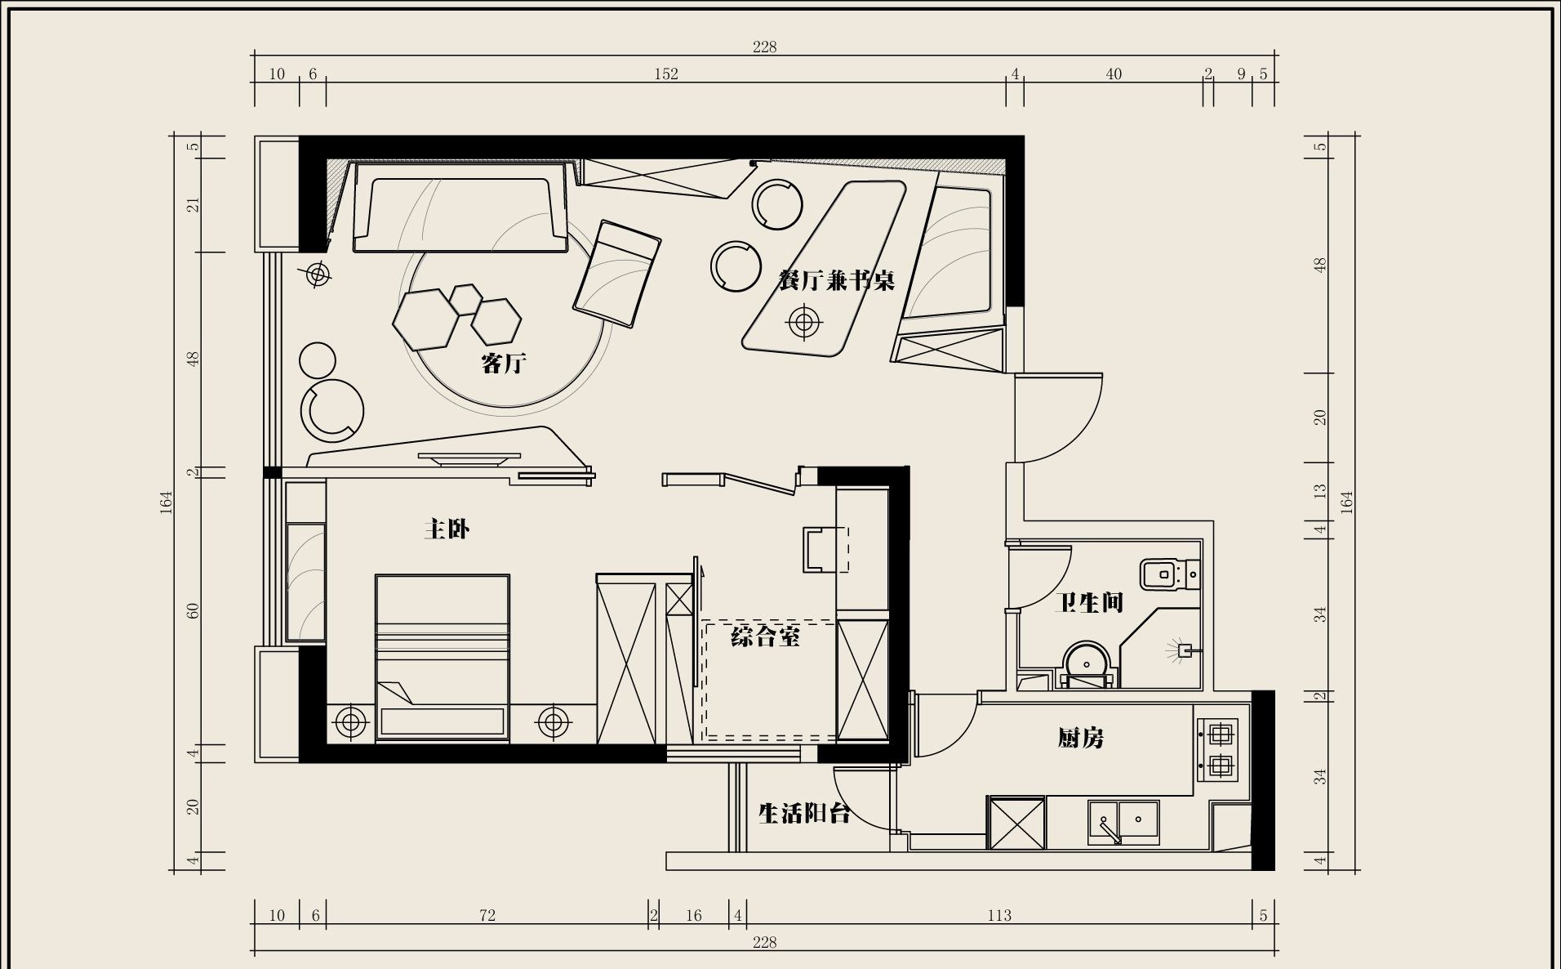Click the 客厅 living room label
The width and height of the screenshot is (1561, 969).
(504, 363)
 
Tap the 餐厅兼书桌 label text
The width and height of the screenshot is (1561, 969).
(837, 280)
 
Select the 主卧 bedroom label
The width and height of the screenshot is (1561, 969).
(447, 529)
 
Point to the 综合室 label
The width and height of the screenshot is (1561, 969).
(765, 636)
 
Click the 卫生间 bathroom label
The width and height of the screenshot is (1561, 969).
(1088, 603)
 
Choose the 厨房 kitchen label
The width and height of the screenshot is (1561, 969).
(1081, 739)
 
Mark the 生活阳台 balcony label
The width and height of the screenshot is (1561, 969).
(805, 813)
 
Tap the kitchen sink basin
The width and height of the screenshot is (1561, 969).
(1123, 822)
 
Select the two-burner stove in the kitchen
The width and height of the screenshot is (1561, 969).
(1218, 749)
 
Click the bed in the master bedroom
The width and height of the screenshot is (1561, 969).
(443, 658)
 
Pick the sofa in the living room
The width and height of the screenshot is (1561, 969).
(460, 208)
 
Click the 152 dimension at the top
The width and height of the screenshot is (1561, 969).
(666, 74)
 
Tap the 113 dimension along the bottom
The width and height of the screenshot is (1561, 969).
(999, 915)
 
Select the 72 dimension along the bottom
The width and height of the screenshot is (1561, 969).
(487, 915)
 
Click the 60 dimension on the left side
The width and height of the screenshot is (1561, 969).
(193, 611)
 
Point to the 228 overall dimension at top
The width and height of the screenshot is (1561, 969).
(765, 47)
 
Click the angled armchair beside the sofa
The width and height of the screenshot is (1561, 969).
(616, 274)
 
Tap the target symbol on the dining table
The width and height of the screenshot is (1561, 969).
(803, 322)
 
